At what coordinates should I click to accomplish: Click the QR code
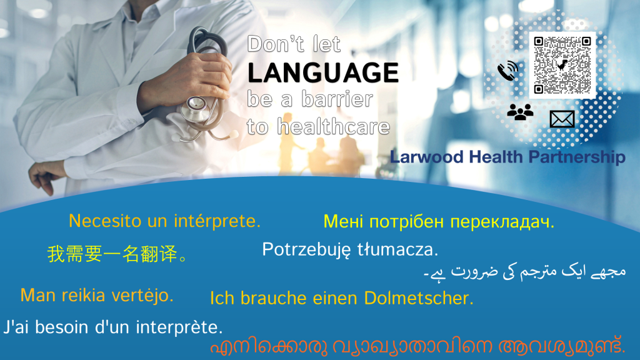click(562, 65)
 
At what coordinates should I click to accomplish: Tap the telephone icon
click(507, 71)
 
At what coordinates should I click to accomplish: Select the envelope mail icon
click(562, 119)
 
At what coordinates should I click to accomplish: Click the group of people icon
click(520, 112)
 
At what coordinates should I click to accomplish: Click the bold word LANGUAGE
click(323, 72)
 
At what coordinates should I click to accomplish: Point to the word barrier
click(337, 99)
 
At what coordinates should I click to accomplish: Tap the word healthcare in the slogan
click(334, 126)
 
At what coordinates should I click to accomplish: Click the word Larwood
click(426, 157)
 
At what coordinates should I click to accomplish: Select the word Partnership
click(577, 157)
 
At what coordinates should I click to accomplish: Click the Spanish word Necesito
click(105, 221)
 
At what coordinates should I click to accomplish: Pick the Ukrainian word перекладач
click(502, 222)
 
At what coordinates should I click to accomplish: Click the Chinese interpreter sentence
click(117, 254)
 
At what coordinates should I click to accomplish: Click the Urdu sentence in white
click(524, 272)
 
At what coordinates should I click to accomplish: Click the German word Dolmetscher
click(419, 298)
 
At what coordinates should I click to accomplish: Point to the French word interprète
click(179, 327)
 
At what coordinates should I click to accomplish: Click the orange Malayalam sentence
click(417, 346)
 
